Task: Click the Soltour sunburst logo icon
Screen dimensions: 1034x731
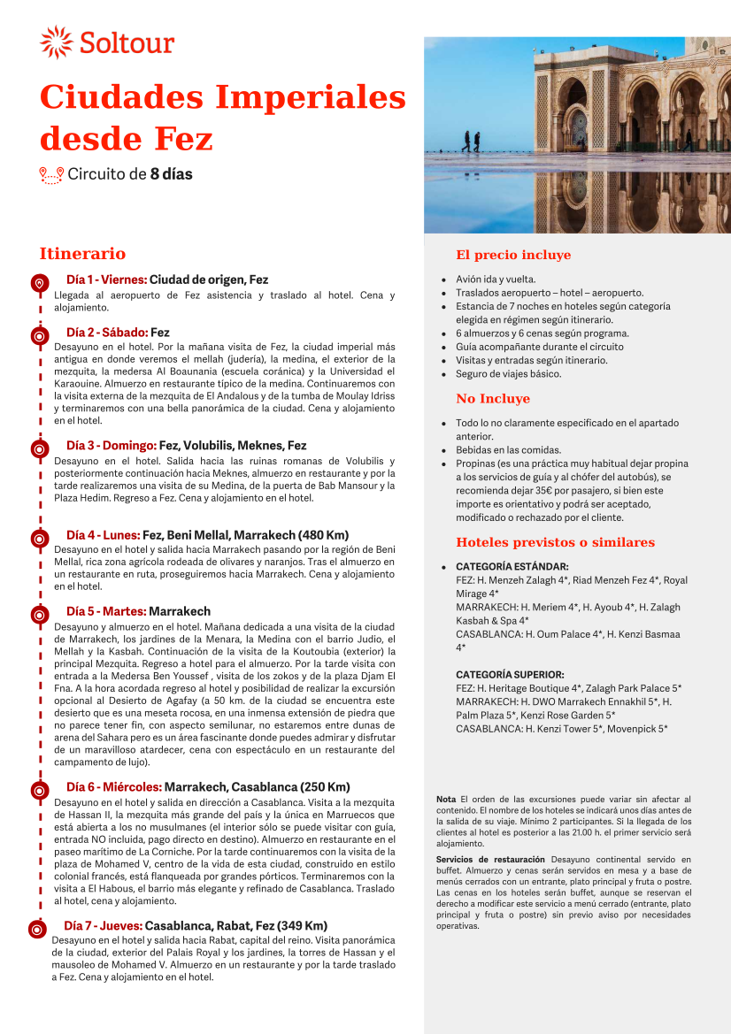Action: click(57, 42)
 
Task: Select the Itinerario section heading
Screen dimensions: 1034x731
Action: click(82, 254)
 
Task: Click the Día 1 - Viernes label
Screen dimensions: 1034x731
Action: click(106, 280)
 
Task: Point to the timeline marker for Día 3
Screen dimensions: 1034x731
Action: click(39, 449)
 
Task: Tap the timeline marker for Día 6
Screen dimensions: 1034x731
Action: click(39, 791)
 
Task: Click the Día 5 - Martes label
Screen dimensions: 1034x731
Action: click(106, 611)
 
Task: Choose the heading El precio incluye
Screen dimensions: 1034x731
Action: click(513, 256)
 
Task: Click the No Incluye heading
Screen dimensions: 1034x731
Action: click(493, 399)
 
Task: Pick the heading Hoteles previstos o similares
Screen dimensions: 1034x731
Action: click(555, 542)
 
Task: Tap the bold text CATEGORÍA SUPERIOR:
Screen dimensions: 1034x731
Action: click(510, 675)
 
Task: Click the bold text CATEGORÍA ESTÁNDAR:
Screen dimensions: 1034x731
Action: click(512, 566)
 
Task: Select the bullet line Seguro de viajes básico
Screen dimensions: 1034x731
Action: click(508, 374)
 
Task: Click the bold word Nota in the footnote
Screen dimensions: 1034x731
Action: click(446, 799)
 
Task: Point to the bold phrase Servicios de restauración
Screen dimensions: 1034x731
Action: click(490, 859)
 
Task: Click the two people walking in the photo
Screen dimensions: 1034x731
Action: click(471, 141)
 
